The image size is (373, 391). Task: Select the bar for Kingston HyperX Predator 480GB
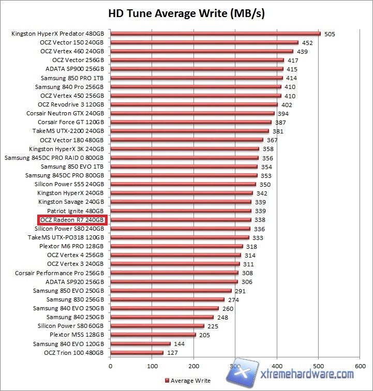click(215, 34)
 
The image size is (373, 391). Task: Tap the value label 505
click(330, 34)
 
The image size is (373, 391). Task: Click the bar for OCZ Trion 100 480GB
click(137, 353)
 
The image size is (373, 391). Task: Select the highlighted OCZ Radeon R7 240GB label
click(72, 220)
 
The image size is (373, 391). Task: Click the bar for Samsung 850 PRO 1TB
click(197, 78)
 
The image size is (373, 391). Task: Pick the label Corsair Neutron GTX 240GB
click(65, 113)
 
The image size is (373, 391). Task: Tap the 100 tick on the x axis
click(152, 366)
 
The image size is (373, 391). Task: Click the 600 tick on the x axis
click(361, 366)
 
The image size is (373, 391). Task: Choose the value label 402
click(287, 104)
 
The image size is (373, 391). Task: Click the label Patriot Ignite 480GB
click(76, 211)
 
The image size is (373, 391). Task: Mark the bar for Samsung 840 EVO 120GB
click(140, 344)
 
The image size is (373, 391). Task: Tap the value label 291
click(240, 291)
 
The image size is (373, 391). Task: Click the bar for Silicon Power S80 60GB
click(157, 326)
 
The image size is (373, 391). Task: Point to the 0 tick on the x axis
click(110, 366)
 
